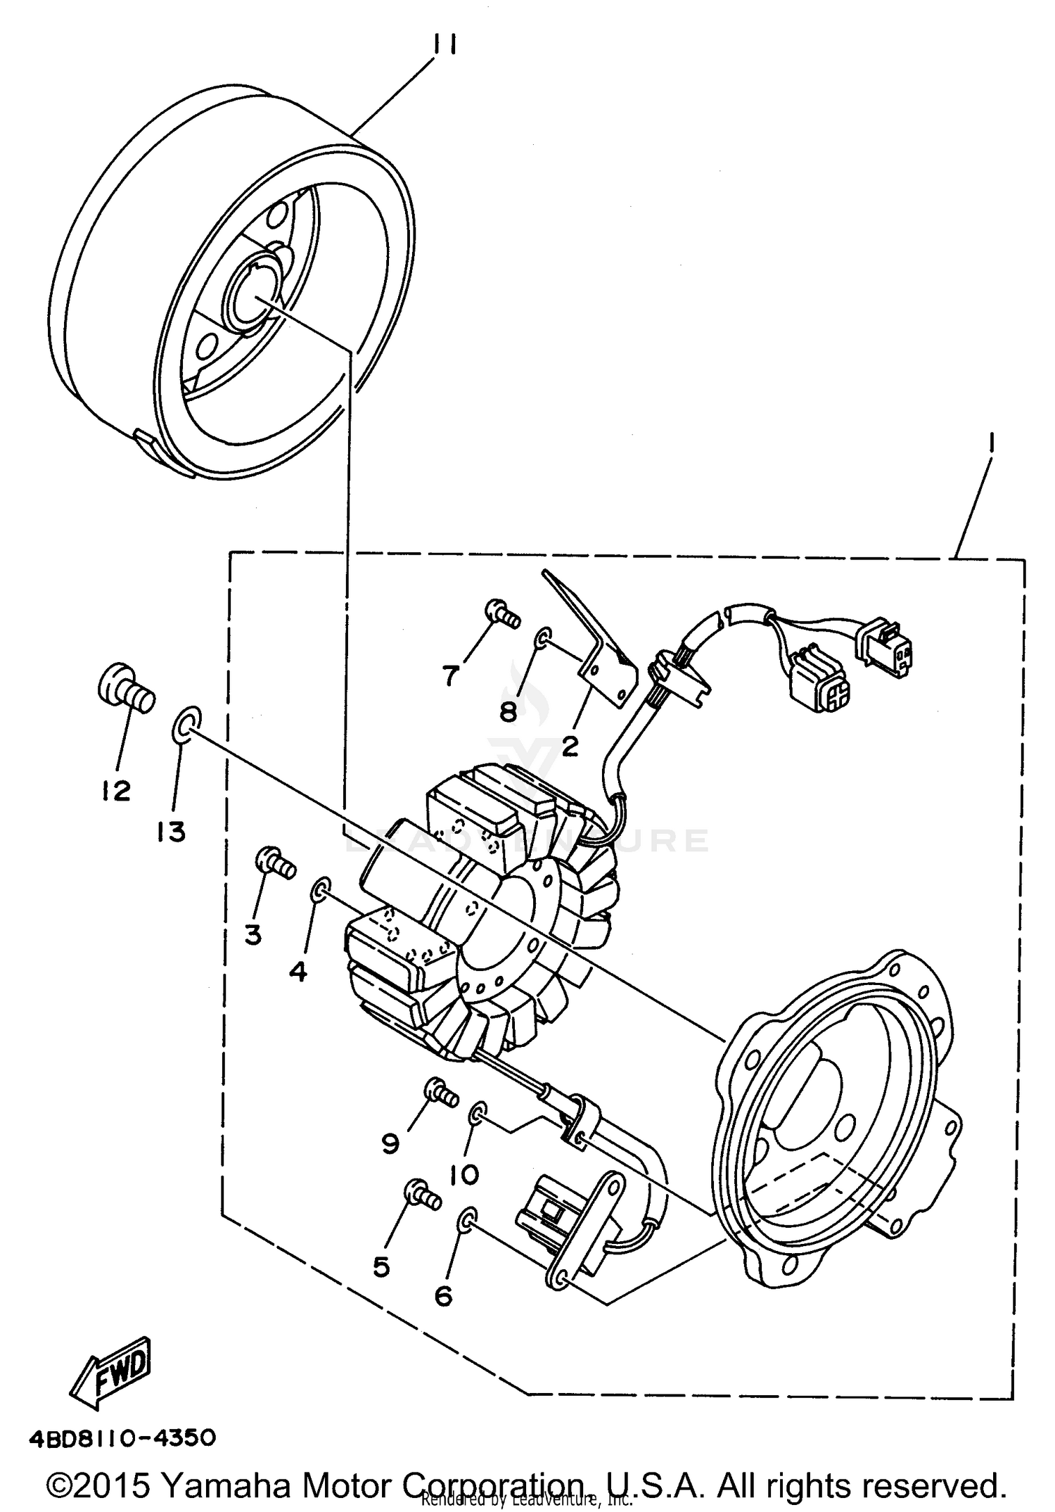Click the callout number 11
click(x=445, y=45)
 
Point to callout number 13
click(x=171, y=832)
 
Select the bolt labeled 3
click(x=276, y=863)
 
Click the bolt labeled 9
click(x=441, y=1093)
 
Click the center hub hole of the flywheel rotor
click(x=250, y=294)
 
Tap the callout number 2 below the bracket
click(x=569, y=746)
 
